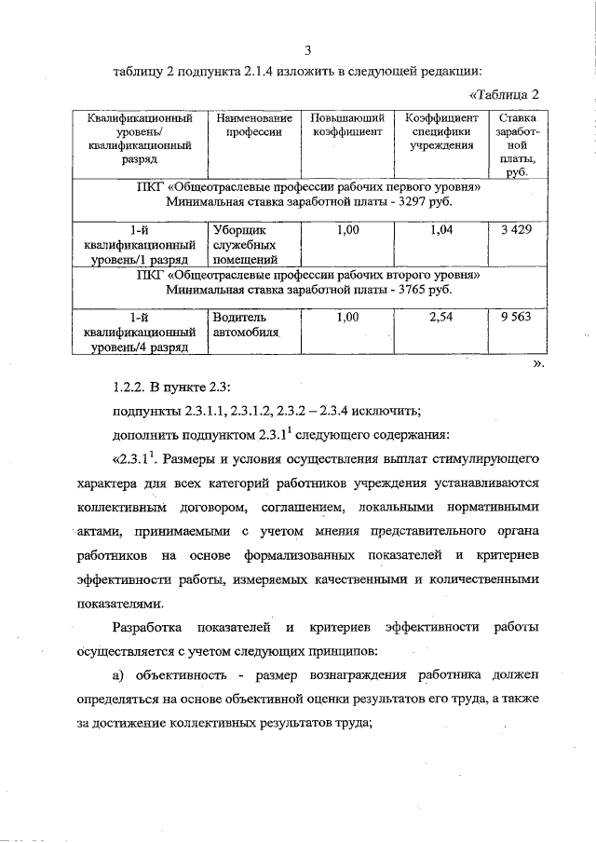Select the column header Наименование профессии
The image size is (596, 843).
pos(253,126)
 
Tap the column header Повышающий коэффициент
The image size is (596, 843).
pos(346,126)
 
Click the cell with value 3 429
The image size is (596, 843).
pos(516,230)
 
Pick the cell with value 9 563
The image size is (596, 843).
pos(516,318)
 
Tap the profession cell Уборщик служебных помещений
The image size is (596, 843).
pos(246,244)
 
